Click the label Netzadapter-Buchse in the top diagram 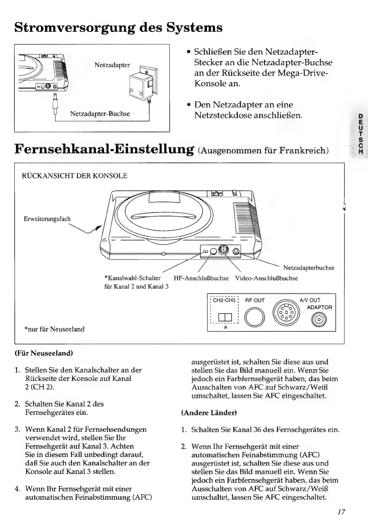100,114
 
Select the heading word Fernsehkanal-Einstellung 104,149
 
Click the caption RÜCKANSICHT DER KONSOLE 75,176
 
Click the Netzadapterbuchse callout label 309,268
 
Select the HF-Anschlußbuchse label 201,278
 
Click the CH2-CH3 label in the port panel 224,300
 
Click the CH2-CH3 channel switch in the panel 224,318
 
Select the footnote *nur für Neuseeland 54,329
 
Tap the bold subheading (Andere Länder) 209,413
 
